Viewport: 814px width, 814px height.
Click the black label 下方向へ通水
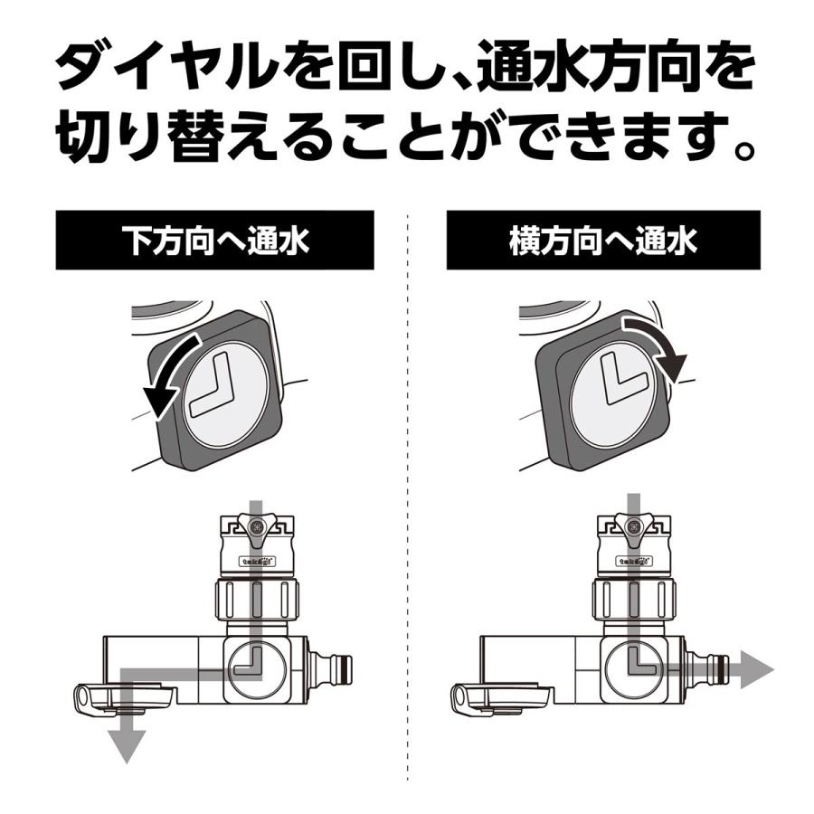click(x=215, y=241)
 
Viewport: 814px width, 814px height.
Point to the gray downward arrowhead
click(x=127, y=744)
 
